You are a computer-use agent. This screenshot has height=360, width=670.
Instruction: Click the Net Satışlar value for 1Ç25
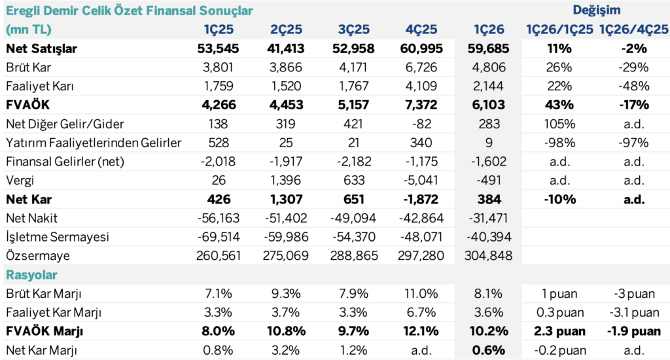[x=218, y=48]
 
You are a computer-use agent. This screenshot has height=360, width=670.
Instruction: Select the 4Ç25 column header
[x=421, y=29]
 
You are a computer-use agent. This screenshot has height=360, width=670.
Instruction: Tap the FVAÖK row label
[x=27, y=105]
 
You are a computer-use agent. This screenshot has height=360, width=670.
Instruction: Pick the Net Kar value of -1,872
[x=421, y=199]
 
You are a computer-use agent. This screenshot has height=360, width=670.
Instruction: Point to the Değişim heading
[x=597, y=10]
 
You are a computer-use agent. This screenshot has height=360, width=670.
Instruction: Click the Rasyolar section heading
[x=31, y=274]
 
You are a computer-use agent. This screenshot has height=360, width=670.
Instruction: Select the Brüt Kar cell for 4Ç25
[x=421, y=67]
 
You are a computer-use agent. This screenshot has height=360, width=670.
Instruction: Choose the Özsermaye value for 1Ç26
[x=488, y=256]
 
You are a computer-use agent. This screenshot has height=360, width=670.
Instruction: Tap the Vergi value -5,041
[x=421, y=181]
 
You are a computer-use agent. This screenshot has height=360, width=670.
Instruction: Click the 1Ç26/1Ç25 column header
[x=560, y=29]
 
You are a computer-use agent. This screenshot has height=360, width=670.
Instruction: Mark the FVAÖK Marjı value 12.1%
[x=421, y=331]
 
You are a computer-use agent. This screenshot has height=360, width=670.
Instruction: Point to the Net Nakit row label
[x=31, y=218]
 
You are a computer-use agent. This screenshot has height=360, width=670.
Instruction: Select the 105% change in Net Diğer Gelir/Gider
[x=560, y=124]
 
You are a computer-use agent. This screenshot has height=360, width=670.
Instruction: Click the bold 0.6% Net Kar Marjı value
[x=488, y=350]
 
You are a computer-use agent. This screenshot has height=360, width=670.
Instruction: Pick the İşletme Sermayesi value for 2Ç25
[x=285, y=237]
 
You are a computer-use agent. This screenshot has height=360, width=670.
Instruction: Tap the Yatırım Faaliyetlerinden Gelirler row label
[x=94, y=143]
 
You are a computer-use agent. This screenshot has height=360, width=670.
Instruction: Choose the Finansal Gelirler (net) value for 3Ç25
[x=353, y=162]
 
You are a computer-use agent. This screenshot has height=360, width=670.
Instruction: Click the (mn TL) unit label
[x=29, y=29]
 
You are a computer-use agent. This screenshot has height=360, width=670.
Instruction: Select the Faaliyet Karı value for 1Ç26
[x=488, y=86]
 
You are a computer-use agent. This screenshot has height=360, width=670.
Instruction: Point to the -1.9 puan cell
[x=634, y=331]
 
